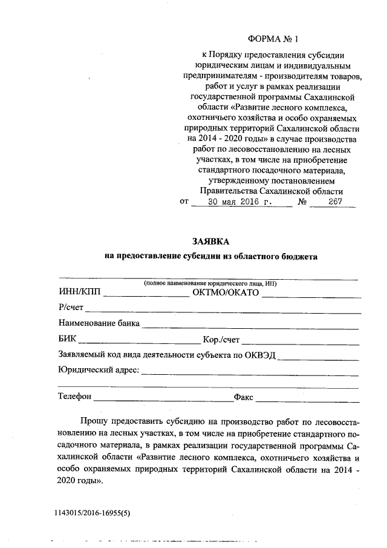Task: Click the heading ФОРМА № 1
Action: (273, 39)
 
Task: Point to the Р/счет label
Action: (71, 308)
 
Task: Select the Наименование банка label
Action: (99, 323)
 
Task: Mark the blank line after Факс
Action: (308, 398)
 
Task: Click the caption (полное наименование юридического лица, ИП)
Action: (210, 283)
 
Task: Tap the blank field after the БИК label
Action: (139, 340)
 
